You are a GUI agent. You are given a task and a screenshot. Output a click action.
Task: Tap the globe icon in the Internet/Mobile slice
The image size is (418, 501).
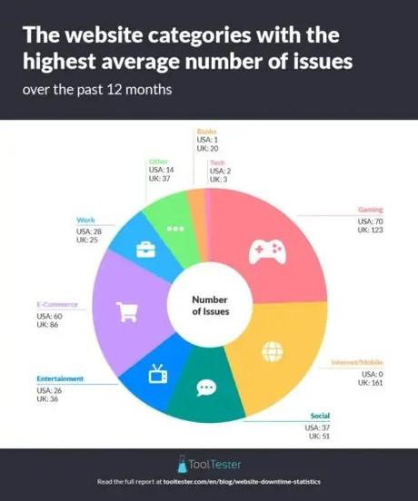[x=272, y=349]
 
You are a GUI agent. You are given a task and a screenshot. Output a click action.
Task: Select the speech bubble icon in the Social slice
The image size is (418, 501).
[x=206, y=388]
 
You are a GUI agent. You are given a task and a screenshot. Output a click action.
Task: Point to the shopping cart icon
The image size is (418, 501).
[x=126, y=311]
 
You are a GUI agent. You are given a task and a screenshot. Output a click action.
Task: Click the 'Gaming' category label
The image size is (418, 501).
[x=370, y=210]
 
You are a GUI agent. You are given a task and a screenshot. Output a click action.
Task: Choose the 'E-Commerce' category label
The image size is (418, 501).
[x=57, y=304]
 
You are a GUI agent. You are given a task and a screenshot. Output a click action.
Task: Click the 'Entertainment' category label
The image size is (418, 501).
[x=60, y=378]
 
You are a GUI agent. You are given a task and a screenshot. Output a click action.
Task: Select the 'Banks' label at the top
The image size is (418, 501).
[x=206, y=132]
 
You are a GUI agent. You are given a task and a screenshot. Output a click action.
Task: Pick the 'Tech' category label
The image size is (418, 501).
[x=217, y=162]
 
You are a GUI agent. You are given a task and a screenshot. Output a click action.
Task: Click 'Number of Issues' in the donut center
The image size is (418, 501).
[x=210, y=305]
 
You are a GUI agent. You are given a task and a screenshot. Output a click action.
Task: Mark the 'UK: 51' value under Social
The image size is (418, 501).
[x=319, y=437]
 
